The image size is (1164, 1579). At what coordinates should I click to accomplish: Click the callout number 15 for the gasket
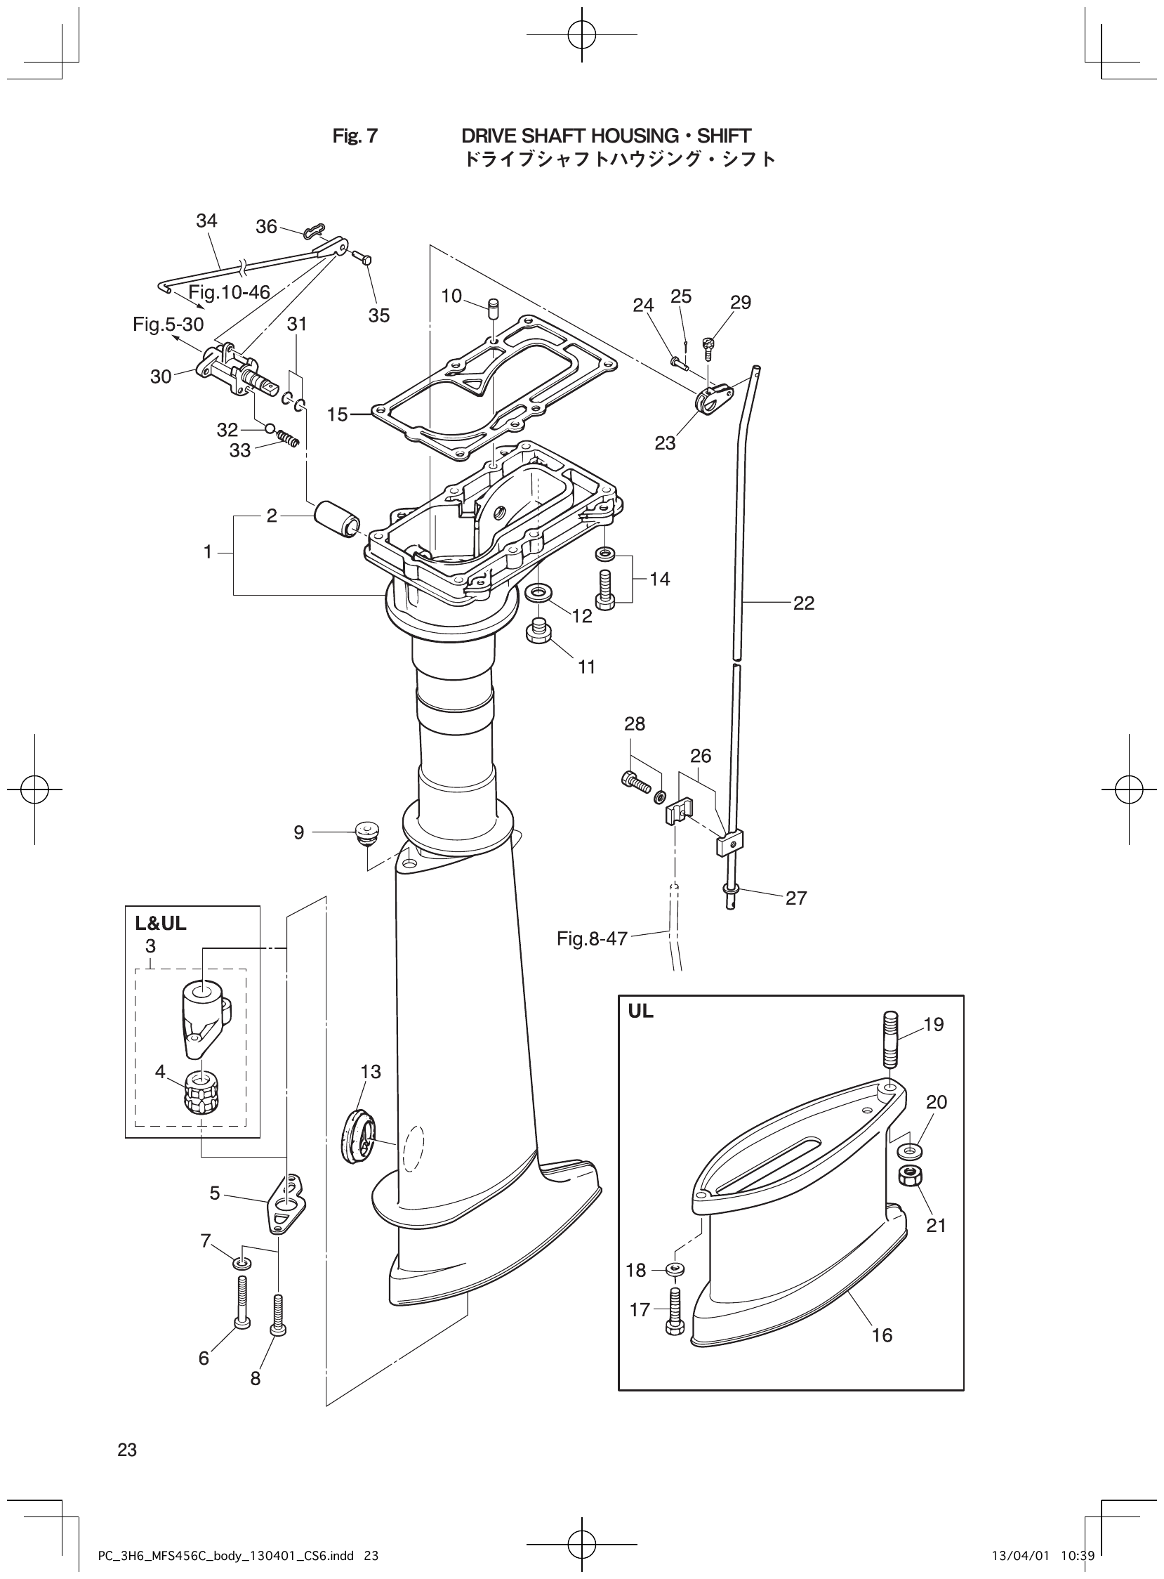tap(338, 414)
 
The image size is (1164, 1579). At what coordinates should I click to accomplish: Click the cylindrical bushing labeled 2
tap(337, 521)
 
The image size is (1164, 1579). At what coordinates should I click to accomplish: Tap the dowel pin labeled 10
tap(494, 309)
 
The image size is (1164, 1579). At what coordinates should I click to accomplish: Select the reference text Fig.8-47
tap(591, 939)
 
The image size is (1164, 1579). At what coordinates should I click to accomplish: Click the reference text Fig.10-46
tap(229, 292)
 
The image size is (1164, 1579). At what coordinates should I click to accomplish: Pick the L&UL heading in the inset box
tap(161, 924)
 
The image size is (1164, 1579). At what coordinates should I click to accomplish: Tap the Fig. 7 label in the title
tap(355, 136)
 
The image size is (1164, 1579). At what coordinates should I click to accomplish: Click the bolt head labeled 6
tap(242, 1325)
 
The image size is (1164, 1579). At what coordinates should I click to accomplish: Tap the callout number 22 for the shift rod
tap(803, 603)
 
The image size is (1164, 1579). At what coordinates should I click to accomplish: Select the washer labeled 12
tap(540, 590)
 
